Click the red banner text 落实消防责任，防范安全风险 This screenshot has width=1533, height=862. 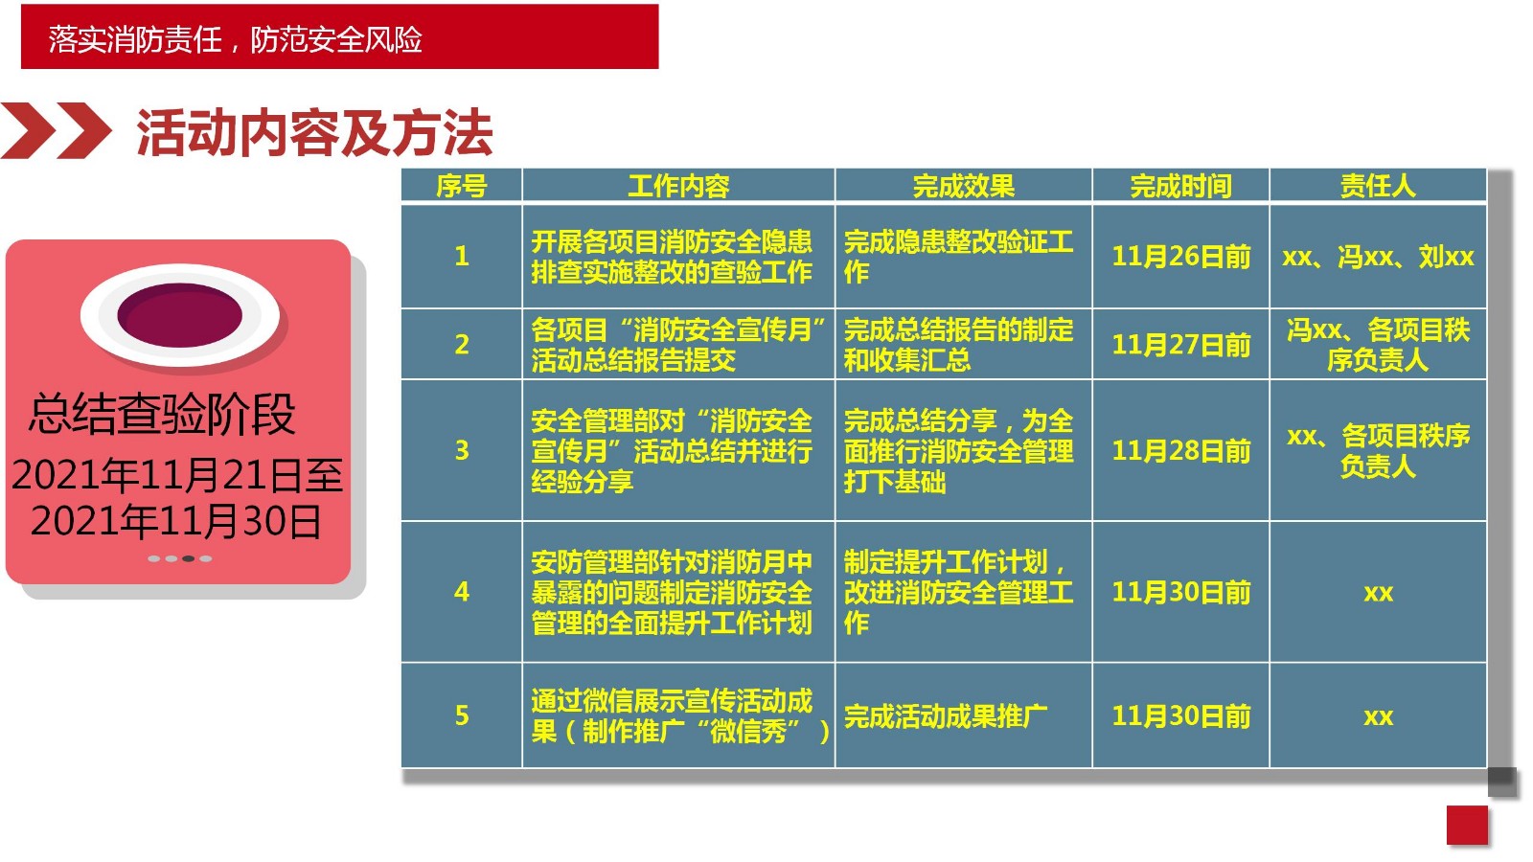coord(235,39)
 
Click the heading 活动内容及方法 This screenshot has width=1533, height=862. coord(315,133)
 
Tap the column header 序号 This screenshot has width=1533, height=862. coord(461,186)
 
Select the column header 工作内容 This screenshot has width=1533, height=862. coord(678,186)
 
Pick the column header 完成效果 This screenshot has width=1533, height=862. coord(963,186)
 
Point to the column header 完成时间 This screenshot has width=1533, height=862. coord(1180,186)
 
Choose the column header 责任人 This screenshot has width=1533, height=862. coord(1378,186)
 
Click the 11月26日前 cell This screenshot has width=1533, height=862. coord(1180,257)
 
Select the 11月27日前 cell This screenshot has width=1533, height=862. coord(1180,345)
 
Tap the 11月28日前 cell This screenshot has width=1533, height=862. coord(1180,451)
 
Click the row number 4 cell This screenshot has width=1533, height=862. coord(461,592)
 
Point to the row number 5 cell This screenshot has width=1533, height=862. coord(461,715)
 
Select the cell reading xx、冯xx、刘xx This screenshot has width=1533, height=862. coord(1378,257)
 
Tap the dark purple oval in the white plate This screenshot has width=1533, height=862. coord(179,315)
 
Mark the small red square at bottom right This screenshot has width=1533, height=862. coord(1467,826)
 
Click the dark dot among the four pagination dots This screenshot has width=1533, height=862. coord(188,559)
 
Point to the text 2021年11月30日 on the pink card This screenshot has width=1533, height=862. coord(176,521)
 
